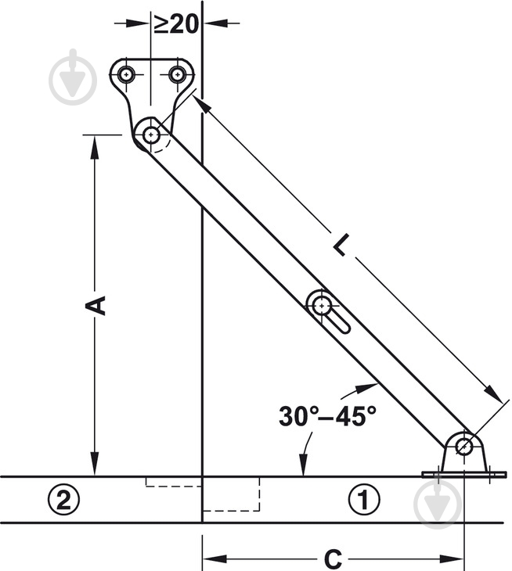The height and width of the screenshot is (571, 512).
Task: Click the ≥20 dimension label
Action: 176,24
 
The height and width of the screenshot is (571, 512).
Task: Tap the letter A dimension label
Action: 96,305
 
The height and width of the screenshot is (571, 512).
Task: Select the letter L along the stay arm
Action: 342,245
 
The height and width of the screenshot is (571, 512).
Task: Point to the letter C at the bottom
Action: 333,558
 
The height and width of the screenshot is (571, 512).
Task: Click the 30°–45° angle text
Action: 327,416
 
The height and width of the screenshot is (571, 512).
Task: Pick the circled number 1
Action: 364,499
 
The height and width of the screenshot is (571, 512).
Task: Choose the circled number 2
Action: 63,499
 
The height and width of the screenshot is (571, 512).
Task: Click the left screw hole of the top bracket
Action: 126,75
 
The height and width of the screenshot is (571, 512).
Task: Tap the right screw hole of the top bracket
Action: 177,75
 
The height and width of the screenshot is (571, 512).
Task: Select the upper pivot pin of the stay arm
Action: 151,135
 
